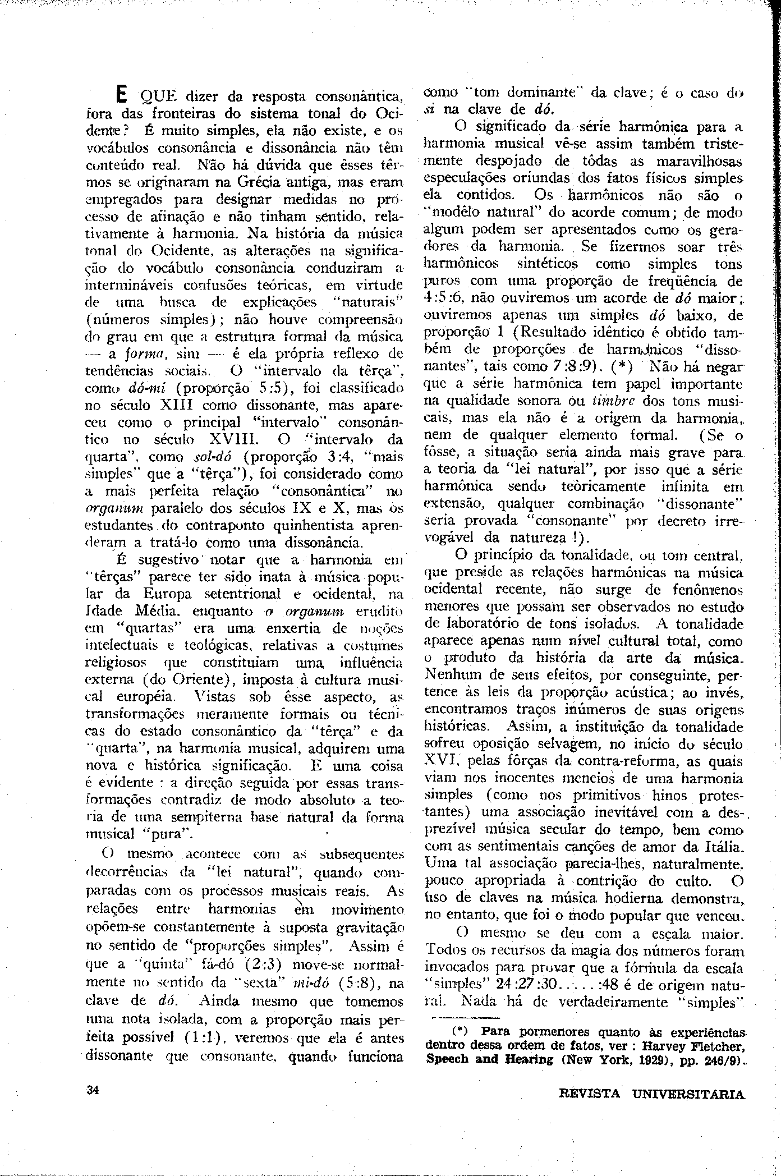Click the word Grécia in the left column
pos(244,183)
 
